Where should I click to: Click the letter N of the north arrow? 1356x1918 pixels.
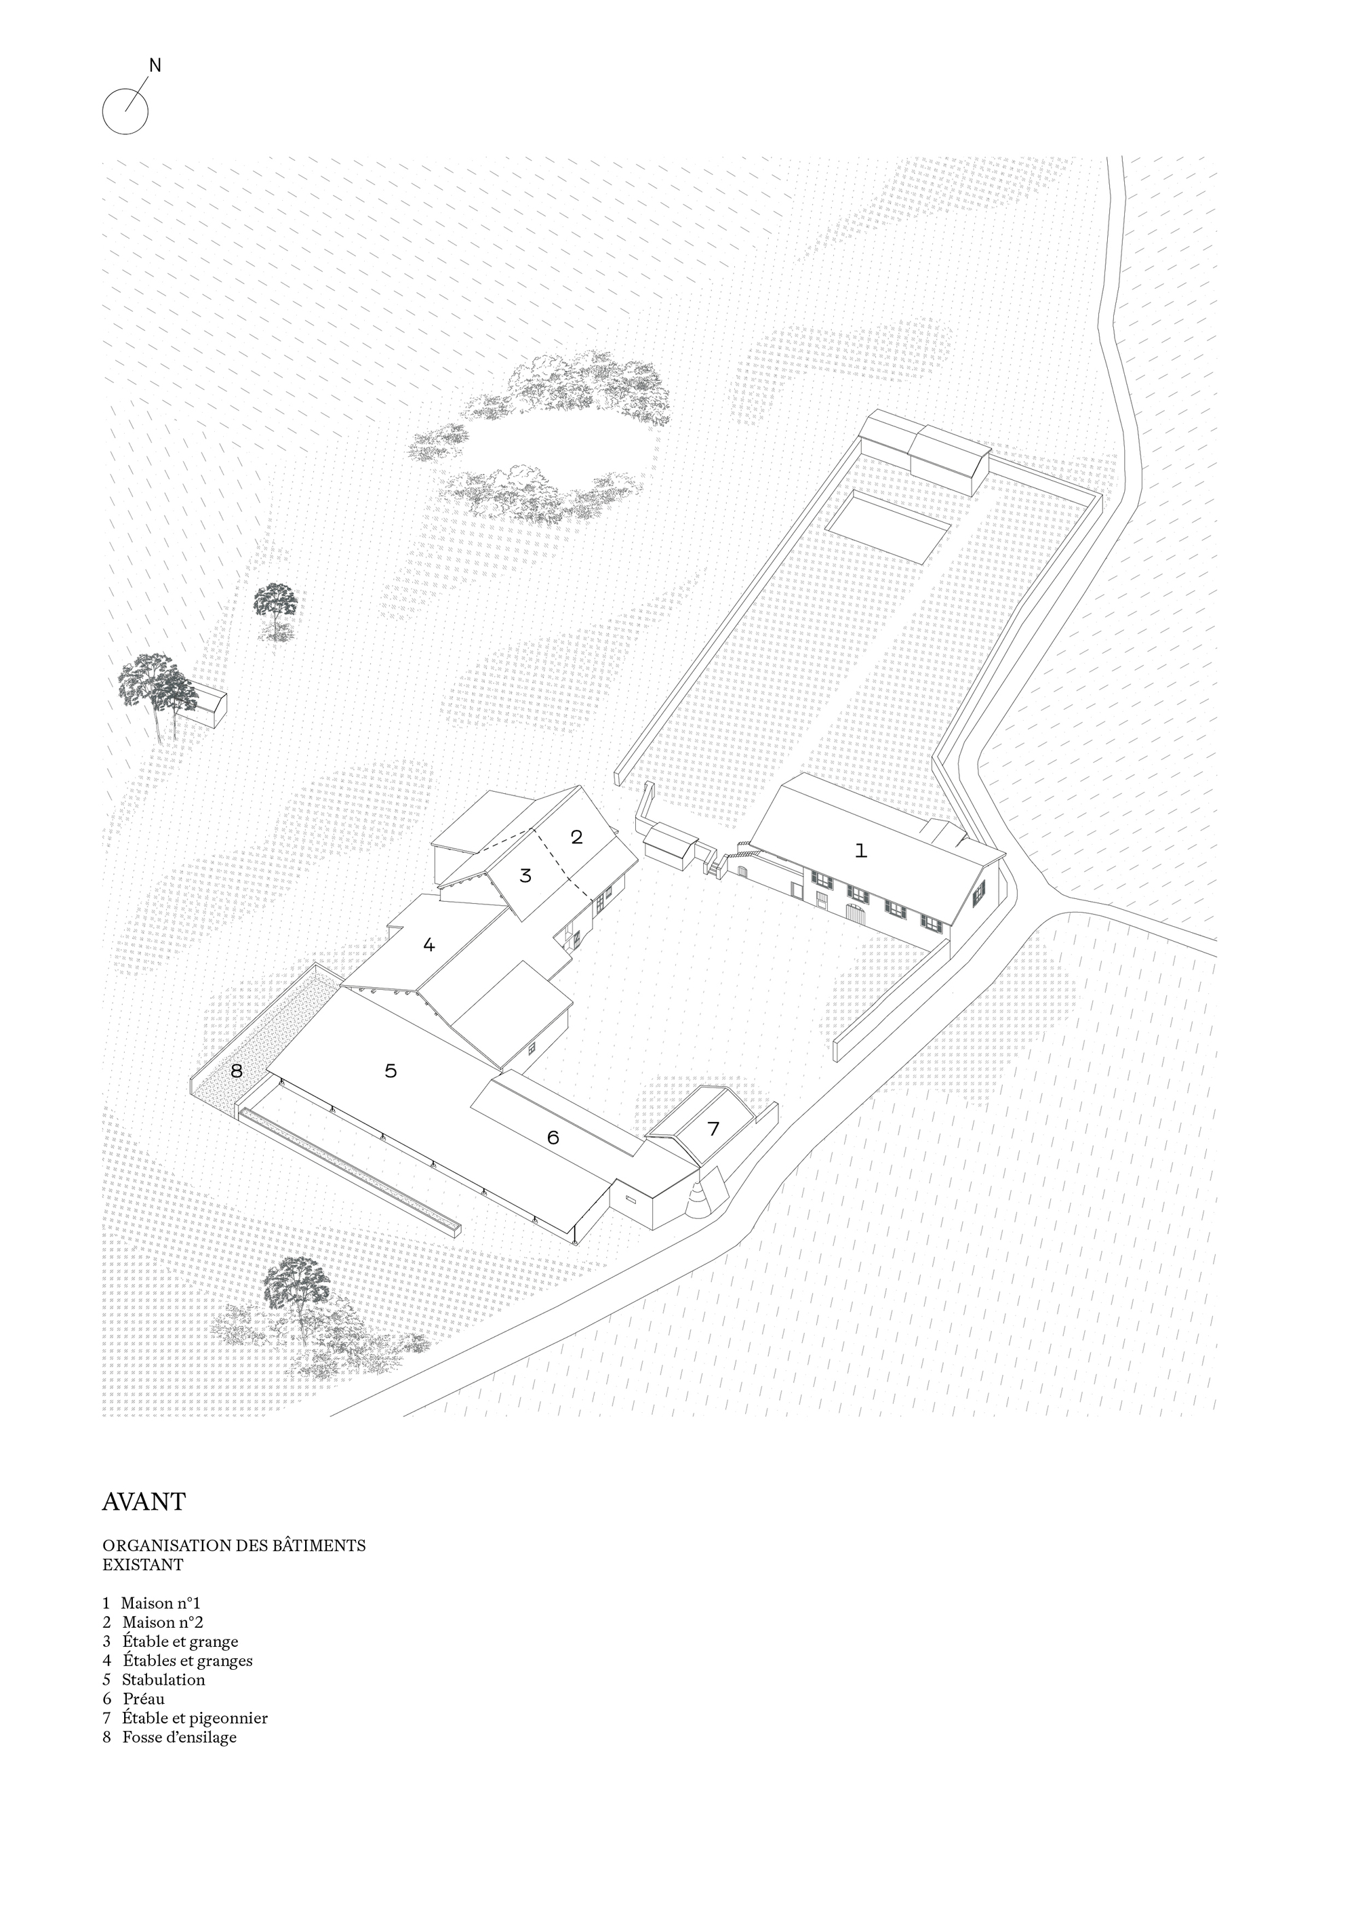point(155,65)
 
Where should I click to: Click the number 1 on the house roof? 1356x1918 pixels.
point(860,852)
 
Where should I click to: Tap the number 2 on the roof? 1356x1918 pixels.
point(576,837)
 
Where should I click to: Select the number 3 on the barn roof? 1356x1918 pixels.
point(525,877)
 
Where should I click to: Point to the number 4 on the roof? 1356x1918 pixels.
point(428,946)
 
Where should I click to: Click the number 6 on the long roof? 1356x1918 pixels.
point(553,1138)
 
